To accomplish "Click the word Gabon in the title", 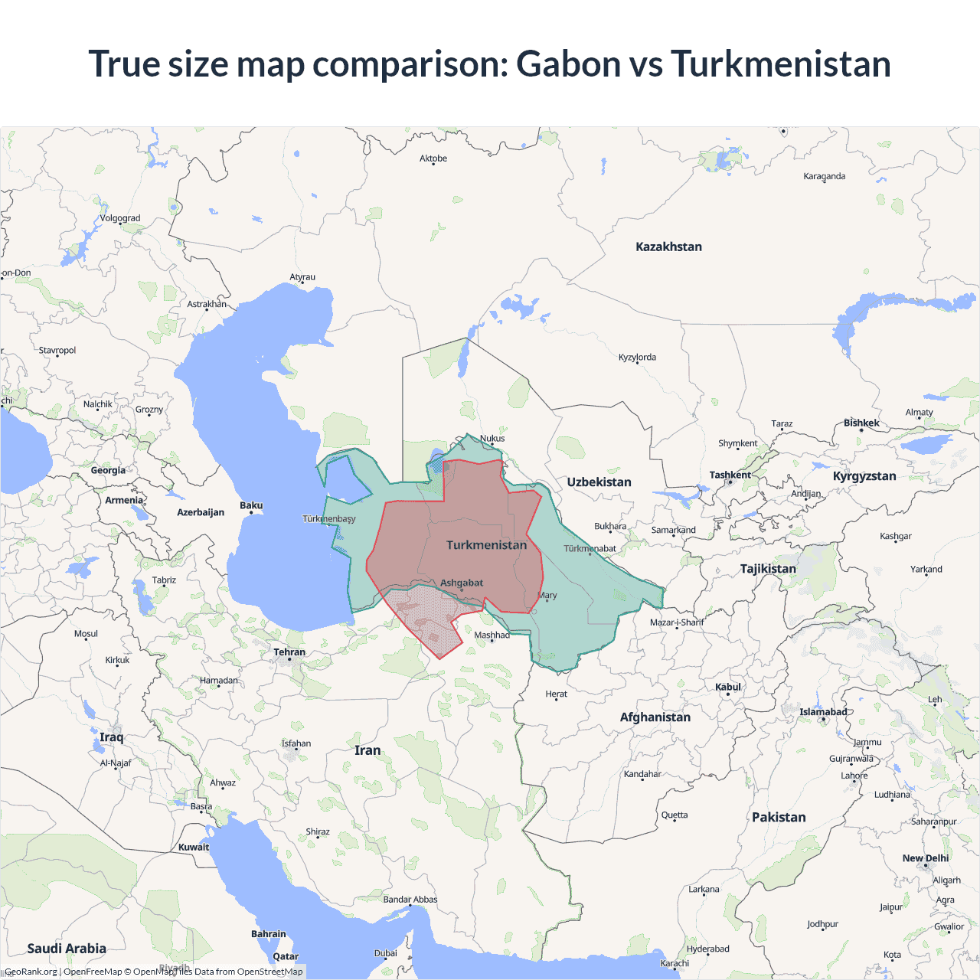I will [568, 64].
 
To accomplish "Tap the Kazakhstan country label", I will [668, 247].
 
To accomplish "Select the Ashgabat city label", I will [462, 583].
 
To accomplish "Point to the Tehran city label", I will [289, 652].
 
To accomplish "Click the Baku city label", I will [251, 505].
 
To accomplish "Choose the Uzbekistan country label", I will [599, 482].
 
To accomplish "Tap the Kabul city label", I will [728, 687].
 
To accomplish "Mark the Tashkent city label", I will [730, 475].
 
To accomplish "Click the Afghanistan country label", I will [655, 717].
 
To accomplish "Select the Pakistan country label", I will [779, 817].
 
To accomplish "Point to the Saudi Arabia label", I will [67, 948].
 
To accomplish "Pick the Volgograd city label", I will [120, 218].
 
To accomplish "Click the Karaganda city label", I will [825, 176].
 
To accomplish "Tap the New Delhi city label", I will [926, 858].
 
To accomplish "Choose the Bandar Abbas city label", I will [410, 900].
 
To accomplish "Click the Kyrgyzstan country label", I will [864, 475].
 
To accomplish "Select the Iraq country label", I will [111, 737].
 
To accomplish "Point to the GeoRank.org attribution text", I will [31, 972].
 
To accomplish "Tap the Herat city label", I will [557, 694].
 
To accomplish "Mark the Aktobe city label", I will [433, 158].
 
